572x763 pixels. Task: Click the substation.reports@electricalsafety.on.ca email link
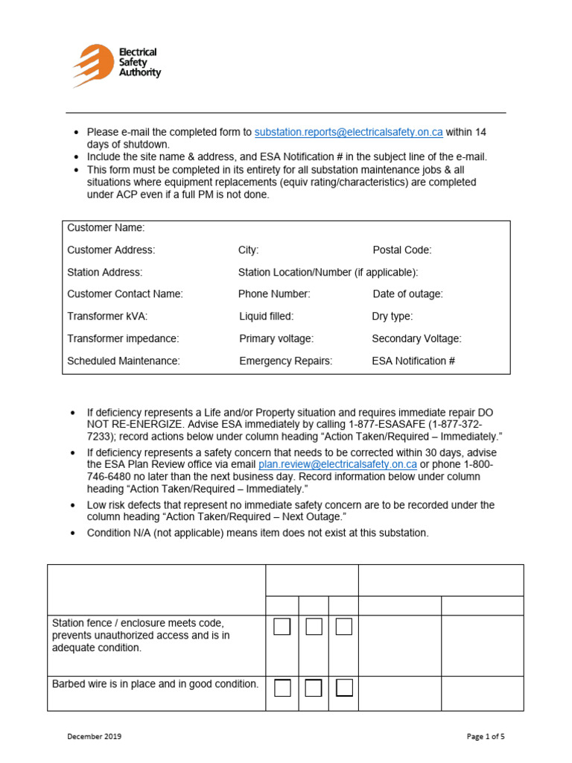(349, 132)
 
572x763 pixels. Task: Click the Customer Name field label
(106, 227)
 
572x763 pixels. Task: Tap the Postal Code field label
(401, 250)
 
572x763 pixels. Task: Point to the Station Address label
(104, 272)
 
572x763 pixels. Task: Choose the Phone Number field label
(274, 294)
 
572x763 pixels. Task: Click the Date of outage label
(407, 294)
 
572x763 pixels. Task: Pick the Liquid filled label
(266, 316)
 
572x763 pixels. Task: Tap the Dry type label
(392, 316)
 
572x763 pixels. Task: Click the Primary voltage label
(276, 338)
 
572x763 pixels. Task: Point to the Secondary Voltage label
(416, 338)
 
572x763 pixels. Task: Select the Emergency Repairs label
(285, 361)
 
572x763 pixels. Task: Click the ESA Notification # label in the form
(413, 361)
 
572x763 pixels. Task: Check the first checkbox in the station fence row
(282, 627)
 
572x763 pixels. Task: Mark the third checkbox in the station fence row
(343, 627)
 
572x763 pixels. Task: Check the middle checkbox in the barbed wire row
(314, 688)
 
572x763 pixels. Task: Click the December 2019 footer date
(94, 737)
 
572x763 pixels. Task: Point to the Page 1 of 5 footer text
(486, 737)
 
